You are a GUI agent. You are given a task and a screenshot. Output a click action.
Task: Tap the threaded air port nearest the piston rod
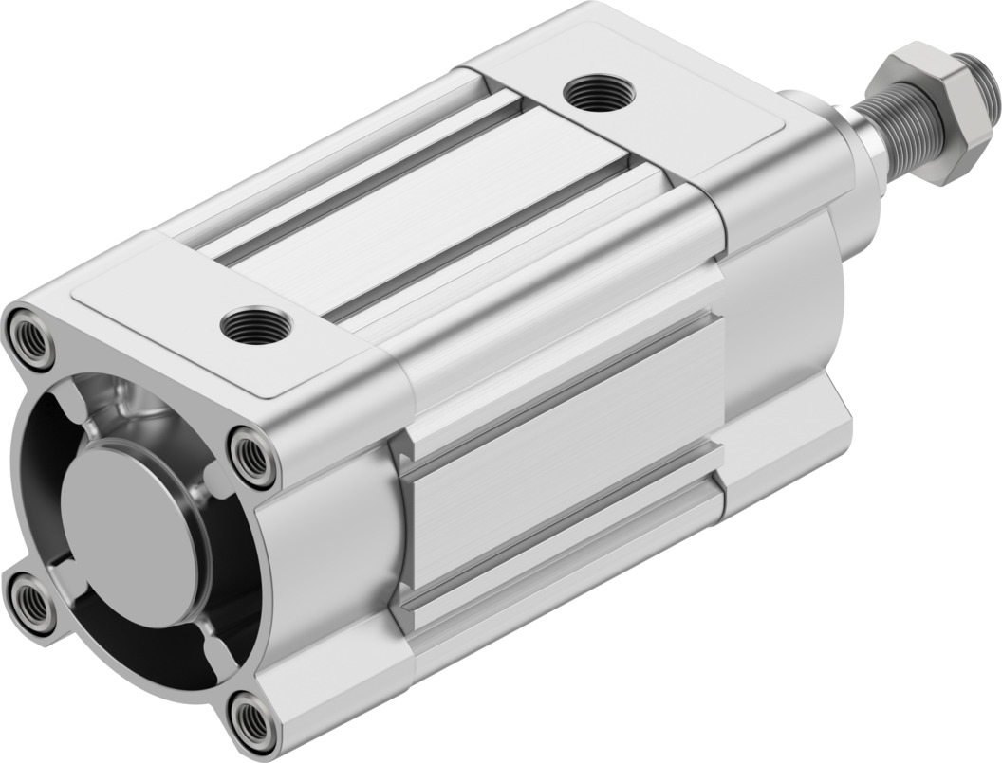(595, 94)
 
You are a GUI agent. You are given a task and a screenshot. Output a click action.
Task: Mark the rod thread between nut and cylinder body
(875, 142)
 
